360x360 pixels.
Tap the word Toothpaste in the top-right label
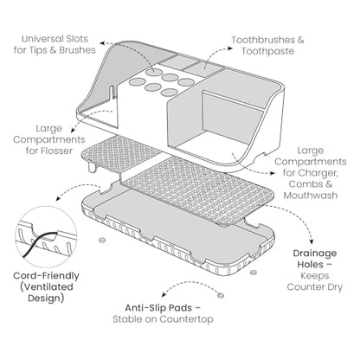point(268,51)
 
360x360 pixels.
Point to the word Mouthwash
point(311,196)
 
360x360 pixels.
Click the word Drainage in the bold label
point(315,254)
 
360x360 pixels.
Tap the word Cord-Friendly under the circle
point(46,276)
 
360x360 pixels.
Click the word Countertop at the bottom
point(186,319)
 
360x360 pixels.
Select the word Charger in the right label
point(318,173)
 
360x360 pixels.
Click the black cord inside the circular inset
point(41,241)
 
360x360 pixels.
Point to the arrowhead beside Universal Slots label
point(102,43)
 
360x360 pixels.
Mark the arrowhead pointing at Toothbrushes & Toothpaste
point(230,48)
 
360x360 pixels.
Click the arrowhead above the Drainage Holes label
point(311,241)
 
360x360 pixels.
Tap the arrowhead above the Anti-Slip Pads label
point(164,295)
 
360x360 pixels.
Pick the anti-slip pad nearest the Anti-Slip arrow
point(221,295)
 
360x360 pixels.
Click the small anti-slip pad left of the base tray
point(101,240)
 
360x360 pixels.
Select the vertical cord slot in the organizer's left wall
point(112,93)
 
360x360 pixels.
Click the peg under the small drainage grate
point(91,168)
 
